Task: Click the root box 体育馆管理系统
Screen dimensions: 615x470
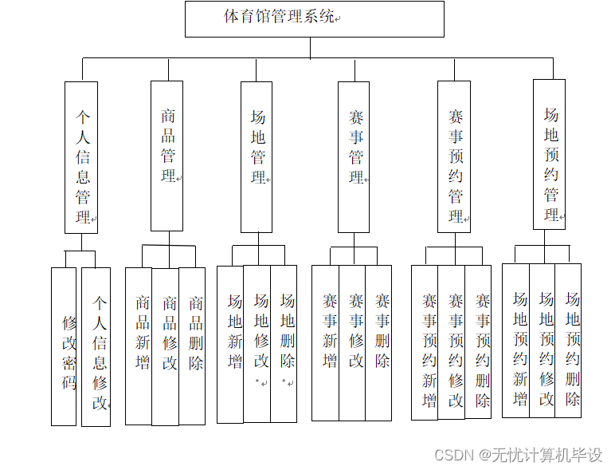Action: pos(314,18)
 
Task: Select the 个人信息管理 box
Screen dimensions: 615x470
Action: pos(81,157)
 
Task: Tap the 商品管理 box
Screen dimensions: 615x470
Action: pos(168,156)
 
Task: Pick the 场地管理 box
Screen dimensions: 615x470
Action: pos(257,156)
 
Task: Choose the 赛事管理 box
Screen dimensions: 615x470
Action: pos(354,156)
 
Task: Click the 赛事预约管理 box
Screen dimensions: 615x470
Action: pos(454,156)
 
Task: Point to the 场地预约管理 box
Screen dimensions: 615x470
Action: pos(549,154)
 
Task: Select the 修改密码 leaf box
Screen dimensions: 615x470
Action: pos(64,346)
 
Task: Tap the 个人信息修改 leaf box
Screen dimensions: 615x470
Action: pos(96,346)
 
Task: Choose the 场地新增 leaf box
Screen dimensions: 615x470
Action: pos(230,343)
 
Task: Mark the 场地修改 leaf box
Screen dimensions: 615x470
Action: pos(257,343)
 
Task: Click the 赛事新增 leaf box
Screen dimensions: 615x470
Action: pos(326,342)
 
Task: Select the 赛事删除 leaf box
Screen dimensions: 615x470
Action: pos(379,342)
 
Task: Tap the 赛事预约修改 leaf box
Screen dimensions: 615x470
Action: pos(452,342)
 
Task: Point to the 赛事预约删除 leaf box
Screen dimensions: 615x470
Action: pos(479,342)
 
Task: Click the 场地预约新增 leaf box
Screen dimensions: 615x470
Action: pos(516,340)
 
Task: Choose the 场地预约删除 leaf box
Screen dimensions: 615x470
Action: pos(569,340)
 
